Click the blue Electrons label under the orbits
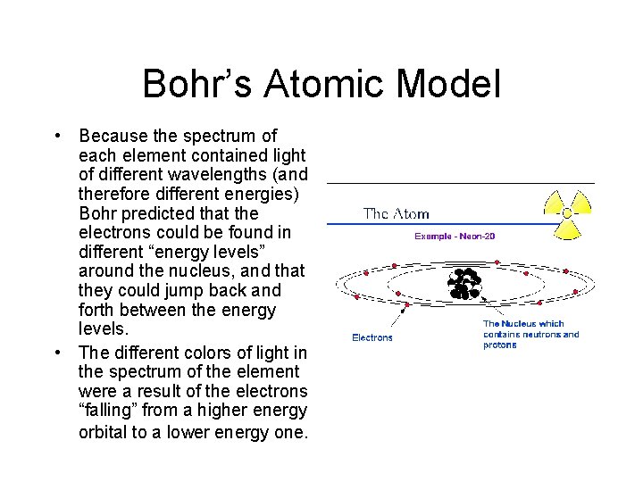(x=372, y=338)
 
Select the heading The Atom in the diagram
(x=396, y=214)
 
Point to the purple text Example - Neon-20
(x=455, y=236)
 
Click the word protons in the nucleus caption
(x=500, y=345)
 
